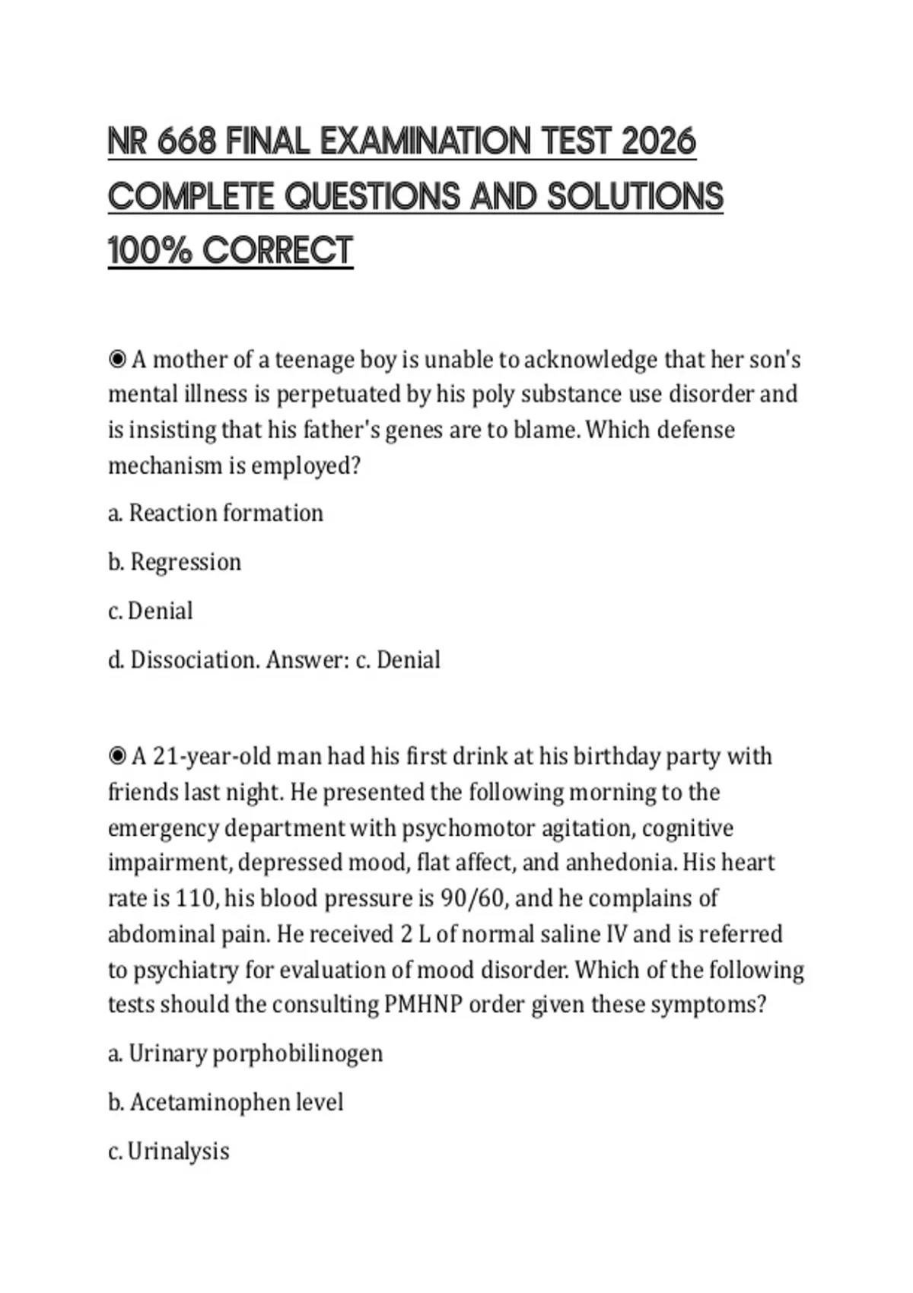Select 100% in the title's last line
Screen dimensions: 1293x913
pos(150,250)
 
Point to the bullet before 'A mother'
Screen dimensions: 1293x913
pos(117,359)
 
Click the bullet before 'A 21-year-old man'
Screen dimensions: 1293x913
pos(117,756)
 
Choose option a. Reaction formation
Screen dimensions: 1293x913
pos(215,513)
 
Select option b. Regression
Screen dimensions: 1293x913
pos(174,562)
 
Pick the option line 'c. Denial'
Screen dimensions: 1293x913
pos(151,611)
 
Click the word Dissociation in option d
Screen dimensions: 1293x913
pos(194,659)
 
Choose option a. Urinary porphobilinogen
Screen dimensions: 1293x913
pos(245,1053)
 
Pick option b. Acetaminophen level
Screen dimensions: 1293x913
pos(225,1102)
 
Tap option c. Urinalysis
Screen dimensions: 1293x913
pos(168,1151)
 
